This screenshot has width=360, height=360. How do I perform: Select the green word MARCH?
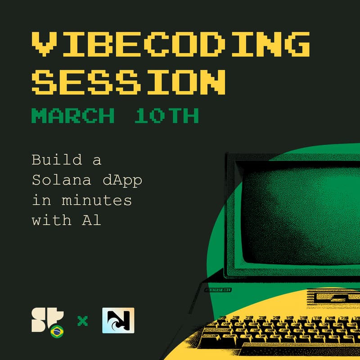pyautogui.click(x=72, y=116)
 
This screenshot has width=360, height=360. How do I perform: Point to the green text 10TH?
pyautogui.click(x=166, y=116)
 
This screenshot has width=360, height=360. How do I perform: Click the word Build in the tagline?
pyautogui.click(x=50, y=160)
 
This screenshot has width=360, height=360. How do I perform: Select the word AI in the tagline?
pyautogui.click(x=94, y=220)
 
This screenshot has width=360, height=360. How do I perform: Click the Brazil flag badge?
pyautogui.click(x=57, y=332)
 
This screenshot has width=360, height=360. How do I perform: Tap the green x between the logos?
pyautogui.click(x=82, y=321)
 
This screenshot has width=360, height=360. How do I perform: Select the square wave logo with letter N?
pyautogui.click(x=118, y=320)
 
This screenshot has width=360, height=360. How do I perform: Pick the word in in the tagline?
pyautogui.click(x=39, y=200)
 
